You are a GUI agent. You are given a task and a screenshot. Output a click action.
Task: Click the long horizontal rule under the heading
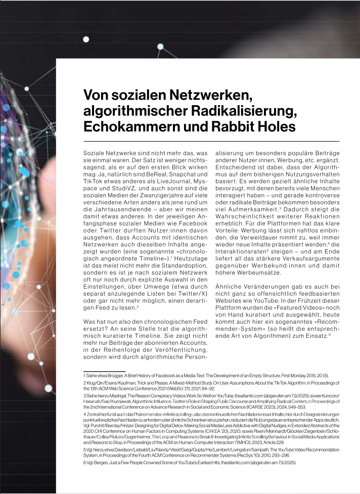[x=211, y=141]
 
